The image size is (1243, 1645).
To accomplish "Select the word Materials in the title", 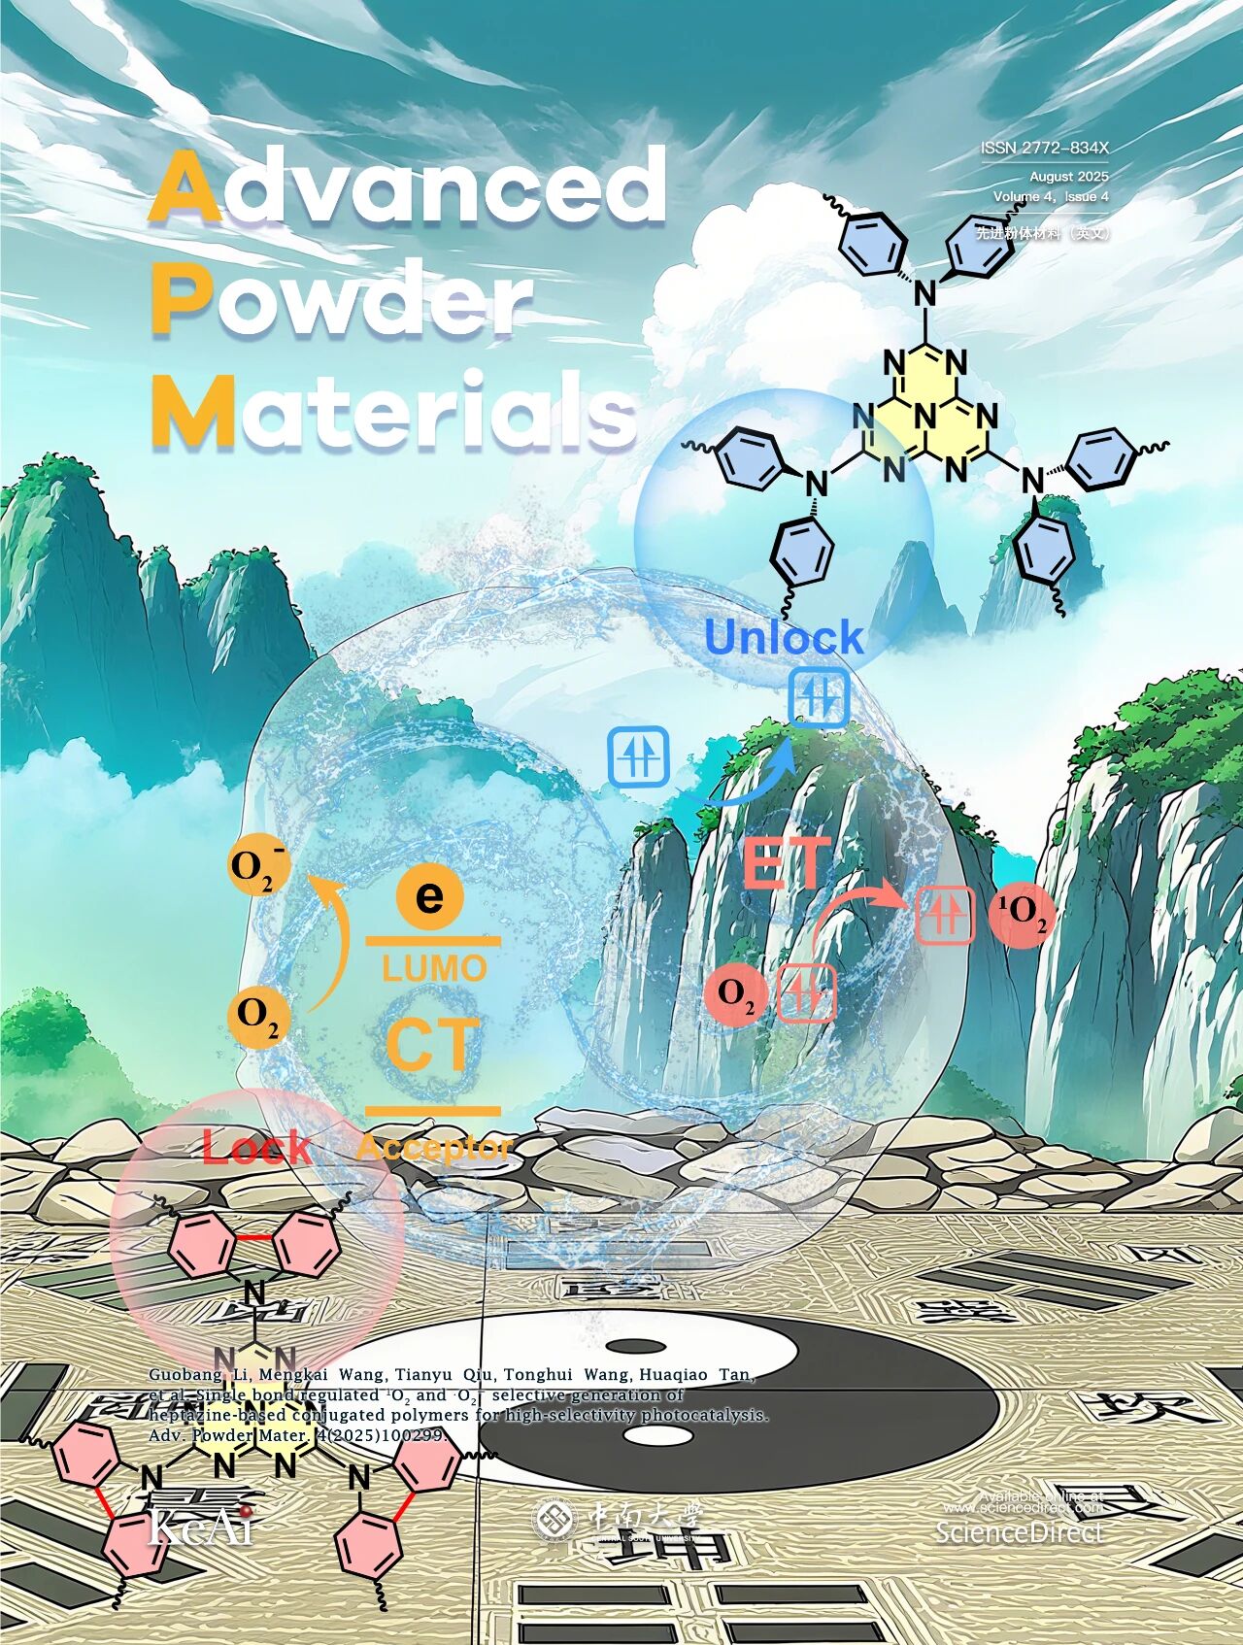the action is click(393, 413).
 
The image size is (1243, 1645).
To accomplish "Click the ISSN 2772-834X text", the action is click(1044, 149).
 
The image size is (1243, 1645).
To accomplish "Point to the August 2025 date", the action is click(1068, 177).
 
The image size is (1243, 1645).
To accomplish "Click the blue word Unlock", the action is click(783, 638).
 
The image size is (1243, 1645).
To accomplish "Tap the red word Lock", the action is click(256, 1148).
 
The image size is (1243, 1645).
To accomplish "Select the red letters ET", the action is click(787, 863).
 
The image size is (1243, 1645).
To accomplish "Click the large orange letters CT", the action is click(432, 1045).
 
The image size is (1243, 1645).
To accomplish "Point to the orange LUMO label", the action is click(434, 968).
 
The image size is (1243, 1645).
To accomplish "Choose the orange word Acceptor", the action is click(434, 1148).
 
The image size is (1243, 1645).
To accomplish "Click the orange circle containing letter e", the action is click(428, 894).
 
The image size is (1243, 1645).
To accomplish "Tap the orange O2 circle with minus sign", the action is click(256, 866).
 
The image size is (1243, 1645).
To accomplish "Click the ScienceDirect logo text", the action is click(1019, 1532).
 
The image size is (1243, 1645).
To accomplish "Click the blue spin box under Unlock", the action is click(818, 696).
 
